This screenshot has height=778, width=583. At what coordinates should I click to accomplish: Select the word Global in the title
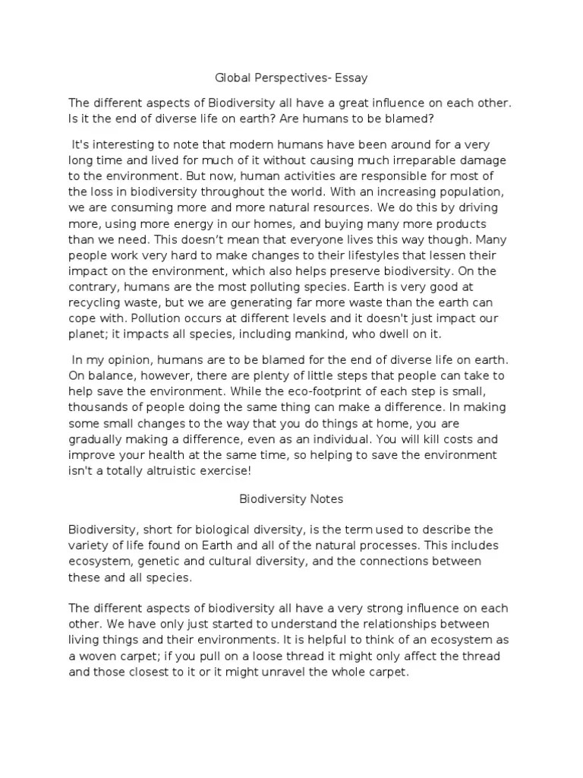click(229, 77)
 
